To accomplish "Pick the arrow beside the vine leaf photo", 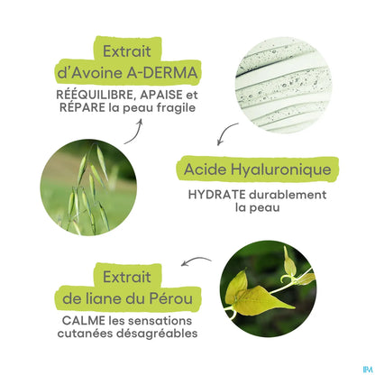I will click(x=195, y=262).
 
